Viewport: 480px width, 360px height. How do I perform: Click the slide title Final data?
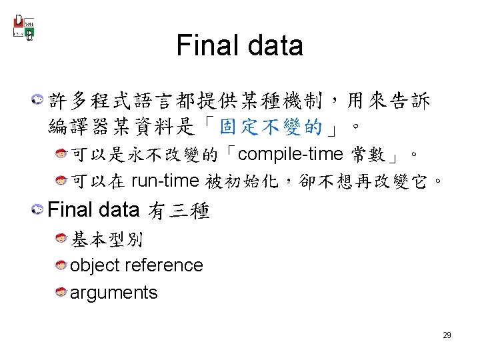coord(239,45)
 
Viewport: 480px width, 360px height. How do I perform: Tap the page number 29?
coord(447,335)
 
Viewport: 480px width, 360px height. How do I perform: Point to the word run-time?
coord(165,181)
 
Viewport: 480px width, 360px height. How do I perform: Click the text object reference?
coord(136,265)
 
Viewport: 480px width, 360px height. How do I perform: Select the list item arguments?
coord(113,293)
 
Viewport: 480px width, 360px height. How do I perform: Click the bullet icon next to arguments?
coord(61,293)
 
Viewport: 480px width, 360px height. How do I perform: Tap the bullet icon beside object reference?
coord(61,265)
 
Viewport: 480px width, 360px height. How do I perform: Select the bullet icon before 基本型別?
coord(61,238)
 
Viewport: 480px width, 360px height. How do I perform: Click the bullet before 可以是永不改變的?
coord(61,155)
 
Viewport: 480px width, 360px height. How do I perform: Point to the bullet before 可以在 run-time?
coord(61,181)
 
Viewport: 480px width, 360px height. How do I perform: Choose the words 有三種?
coord(180,211)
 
